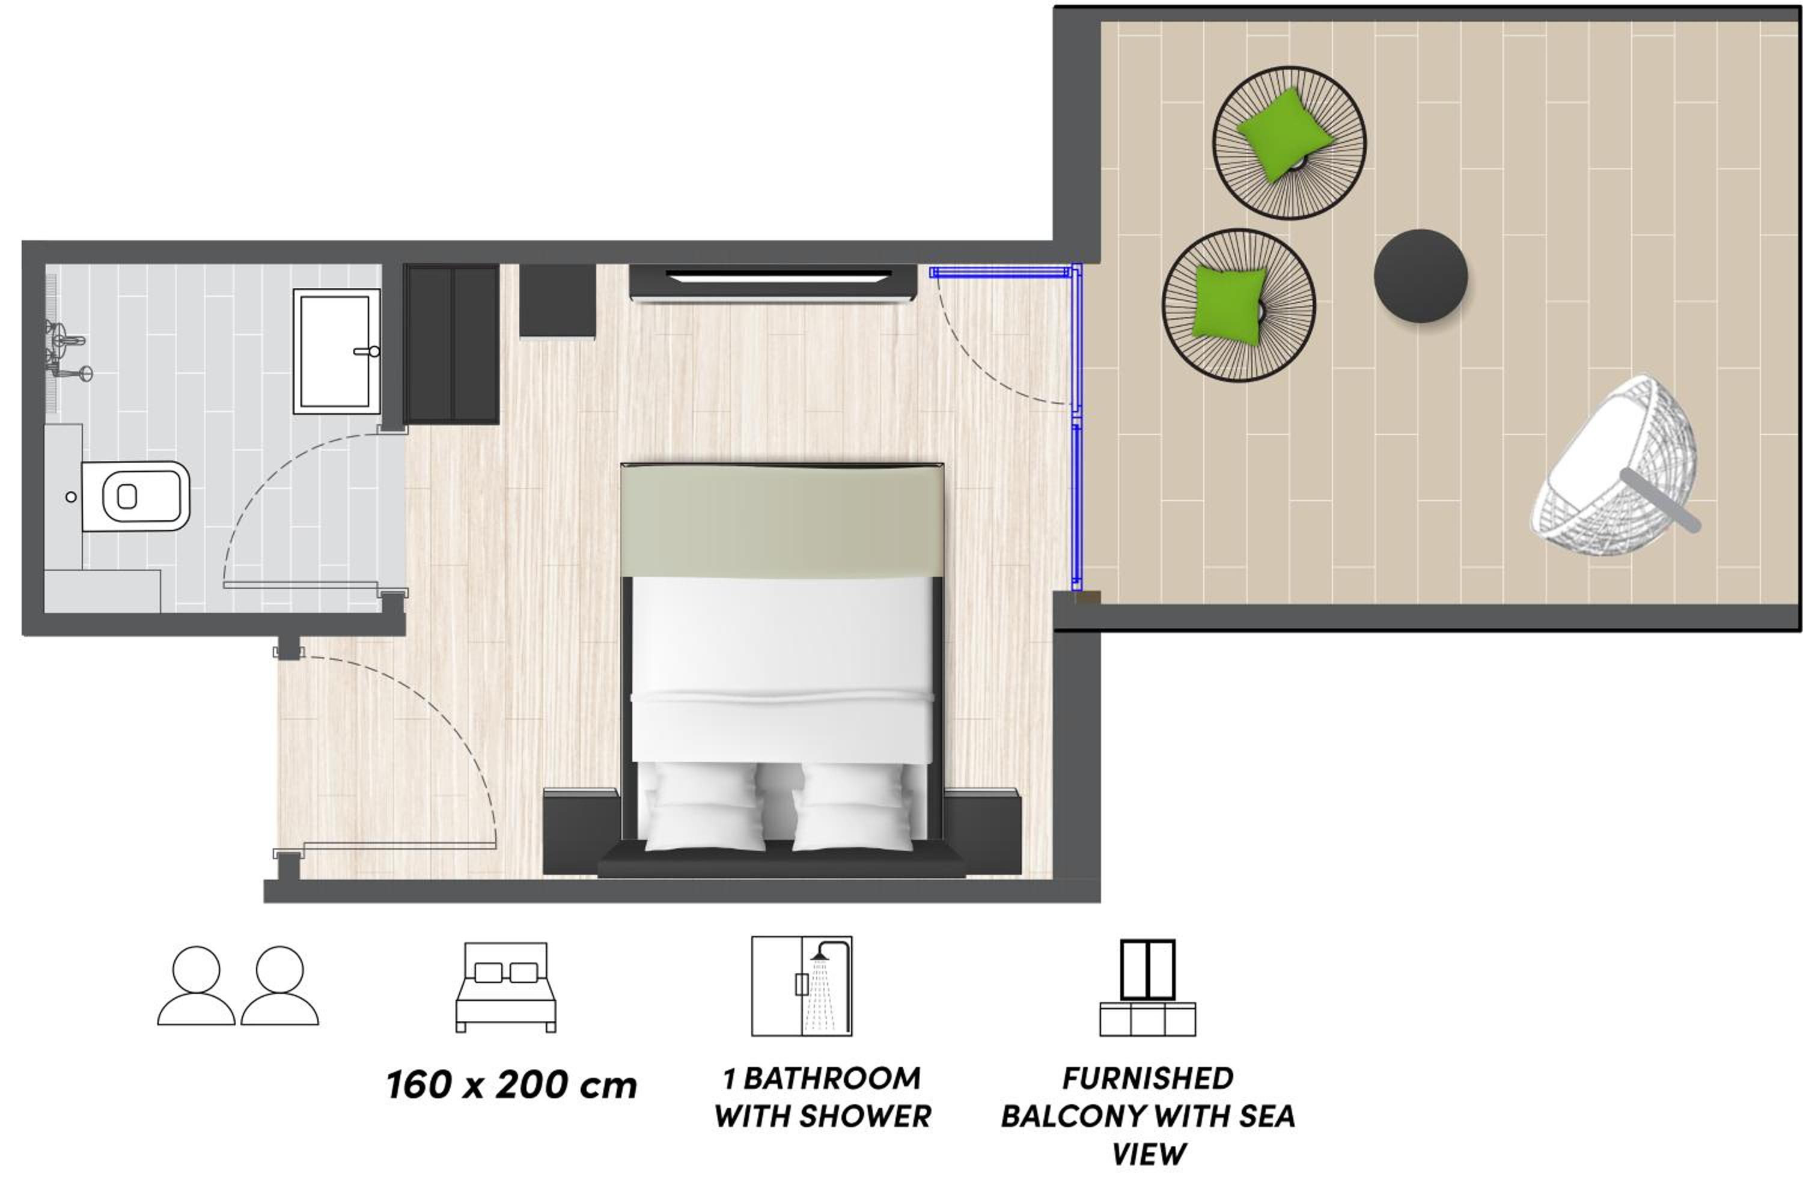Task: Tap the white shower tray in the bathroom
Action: coord(337,351)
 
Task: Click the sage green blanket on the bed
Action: coord(782,521)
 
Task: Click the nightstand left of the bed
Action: coord(582,831)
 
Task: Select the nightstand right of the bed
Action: coord(983,831)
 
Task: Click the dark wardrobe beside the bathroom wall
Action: coord(451,344)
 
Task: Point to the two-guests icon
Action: coord(238,985)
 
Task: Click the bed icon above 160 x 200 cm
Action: coord(505,987)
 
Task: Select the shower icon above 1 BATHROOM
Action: coord(802,986)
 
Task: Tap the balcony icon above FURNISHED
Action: coord(1148,988)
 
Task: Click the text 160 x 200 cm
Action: coord(511,1085)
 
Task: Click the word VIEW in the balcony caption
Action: coord(1149,1154)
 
